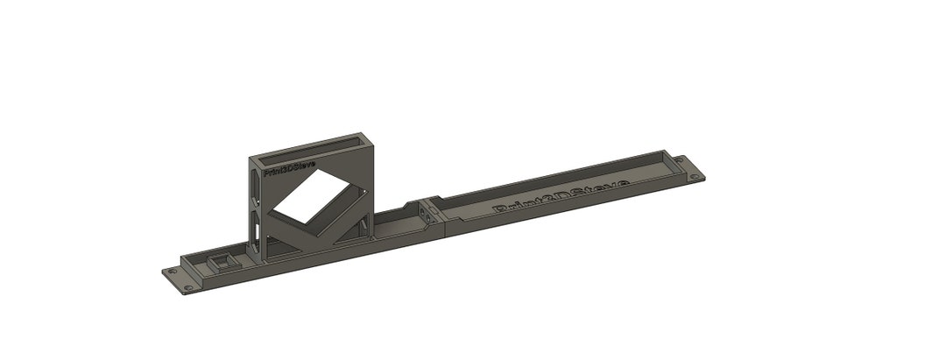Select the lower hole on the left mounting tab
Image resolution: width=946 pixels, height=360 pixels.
(187, 288)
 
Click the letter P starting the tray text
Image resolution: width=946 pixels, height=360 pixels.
(501, 209)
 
